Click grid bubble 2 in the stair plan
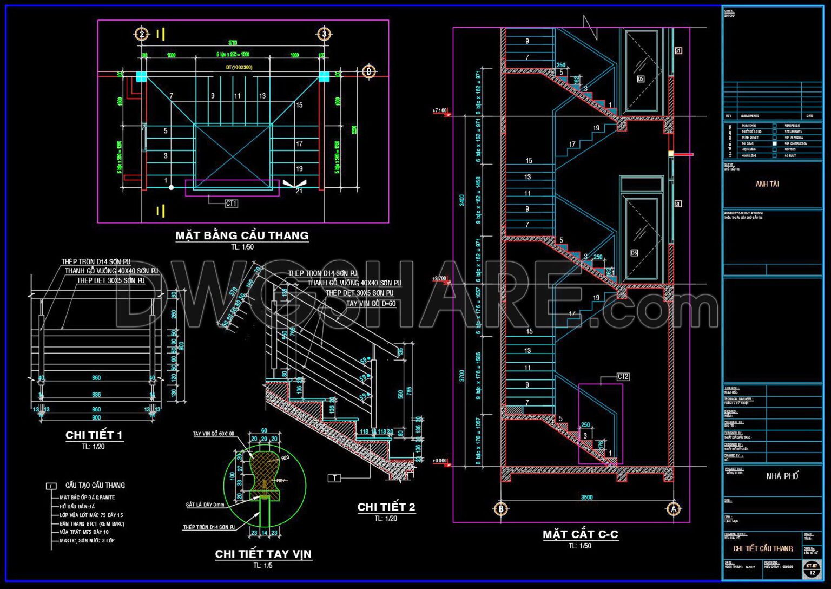click(x=141, y=34)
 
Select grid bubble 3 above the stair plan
click(x=324, y=34)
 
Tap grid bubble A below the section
click(x=674, y=509)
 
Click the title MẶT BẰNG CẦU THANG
click(x=242, y=235)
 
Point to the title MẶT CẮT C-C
click(x=580, y=534)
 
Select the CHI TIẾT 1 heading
click(x=94, y=435)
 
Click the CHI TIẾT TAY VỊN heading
click(x=263, y=554)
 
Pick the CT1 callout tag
click(x=231, y=204)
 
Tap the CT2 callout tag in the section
click(x=623, y=377)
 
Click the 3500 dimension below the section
click(x=586, y=497)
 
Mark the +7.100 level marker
click(x=440, y=111)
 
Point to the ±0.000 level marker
click(x=440, y=461)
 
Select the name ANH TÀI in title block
click(x=767, y=184)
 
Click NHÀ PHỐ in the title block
click(x=782, y=476)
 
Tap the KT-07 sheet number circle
click(x=812, y=568)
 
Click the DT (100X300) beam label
click(x=239, y=68)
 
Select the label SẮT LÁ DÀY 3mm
click(x=205, y=505)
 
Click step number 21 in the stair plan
click(x=299, y=191)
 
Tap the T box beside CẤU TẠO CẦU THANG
click(x=51, y=486)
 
